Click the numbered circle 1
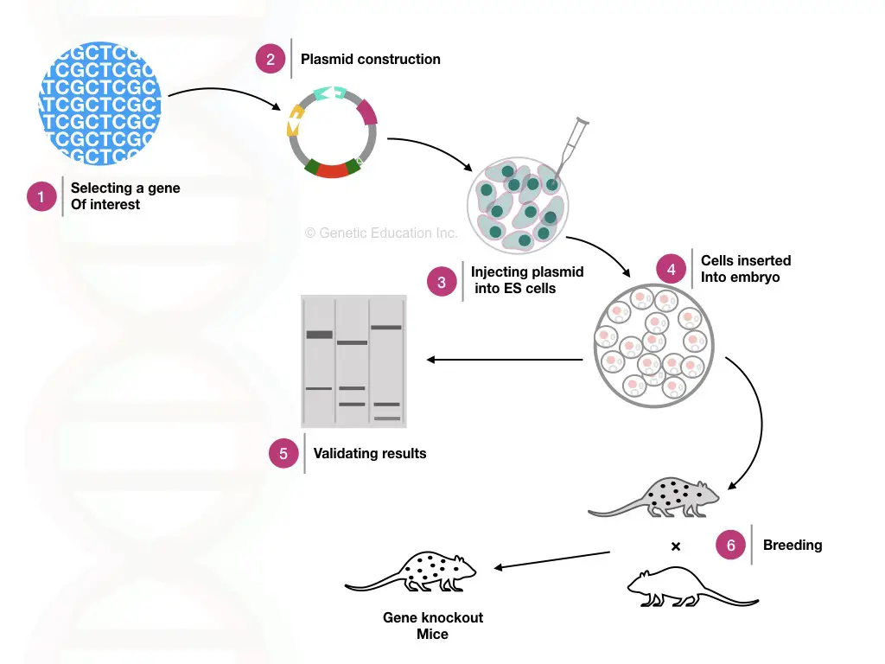(41, 196)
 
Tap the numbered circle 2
(271, 59)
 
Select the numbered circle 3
(442, 282)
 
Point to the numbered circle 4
(671, 269)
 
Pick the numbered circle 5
(283, 453)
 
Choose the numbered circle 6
(730, 545)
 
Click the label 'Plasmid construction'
(370, 60)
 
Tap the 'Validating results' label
(370, 453)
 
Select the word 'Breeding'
(793, 545)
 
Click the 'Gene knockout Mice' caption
(433, 626)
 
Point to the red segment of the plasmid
(332, 170)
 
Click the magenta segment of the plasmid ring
(366, 112)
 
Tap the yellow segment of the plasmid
(295, 120)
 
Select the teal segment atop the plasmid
(329, 93)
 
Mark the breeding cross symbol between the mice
(676, 546)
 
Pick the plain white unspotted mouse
(692, 588)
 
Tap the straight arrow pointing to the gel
(505, 360)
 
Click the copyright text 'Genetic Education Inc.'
(381, 233)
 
